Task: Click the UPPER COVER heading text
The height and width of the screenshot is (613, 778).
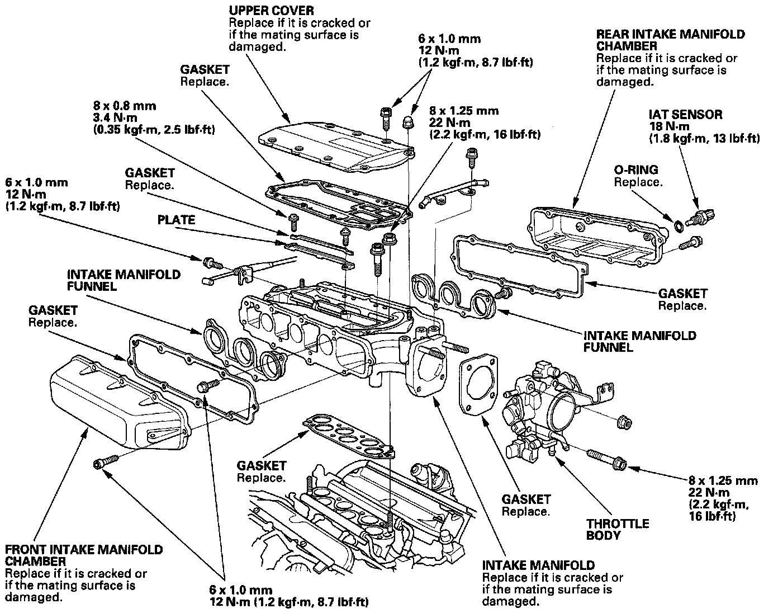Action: [x=271, y=11]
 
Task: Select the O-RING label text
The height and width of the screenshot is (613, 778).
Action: [x=636, y=170]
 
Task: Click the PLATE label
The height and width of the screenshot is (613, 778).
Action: [x=176, y=220]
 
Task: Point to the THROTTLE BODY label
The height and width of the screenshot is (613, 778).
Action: [x=617, y=529]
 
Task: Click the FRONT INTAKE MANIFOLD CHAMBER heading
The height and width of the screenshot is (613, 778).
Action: [x=84, y=555]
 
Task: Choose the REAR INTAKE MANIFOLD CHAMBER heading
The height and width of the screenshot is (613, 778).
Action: [x=670, y=40]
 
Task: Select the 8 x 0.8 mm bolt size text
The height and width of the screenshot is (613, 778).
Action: [x=125, y=106]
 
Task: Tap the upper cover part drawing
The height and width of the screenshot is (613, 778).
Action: [x=335, y=143]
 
